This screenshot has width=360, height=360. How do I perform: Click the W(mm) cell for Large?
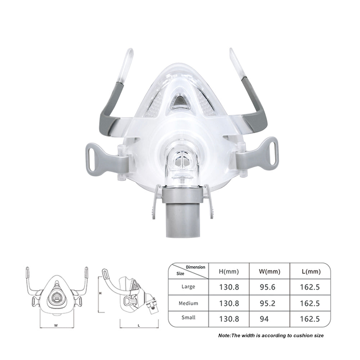coord(267,287)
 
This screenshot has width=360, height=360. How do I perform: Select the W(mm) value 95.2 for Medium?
coord(267,303)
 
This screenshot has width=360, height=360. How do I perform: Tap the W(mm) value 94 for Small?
coord(264,319)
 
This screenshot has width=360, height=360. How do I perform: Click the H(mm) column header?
coord(229,271)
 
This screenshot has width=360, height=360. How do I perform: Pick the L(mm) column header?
coord(311,271)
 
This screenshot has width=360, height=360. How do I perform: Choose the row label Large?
coord(188,287)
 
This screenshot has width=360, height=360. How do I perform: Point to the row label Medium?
coord(188,303)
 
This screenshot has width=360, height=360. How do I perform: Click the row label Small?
coord(188,318)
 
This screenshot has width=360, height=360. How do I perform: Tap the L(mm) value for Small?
coord(310,319)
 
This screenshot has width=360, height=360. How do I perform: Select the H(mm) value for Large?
coord(229,287)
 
